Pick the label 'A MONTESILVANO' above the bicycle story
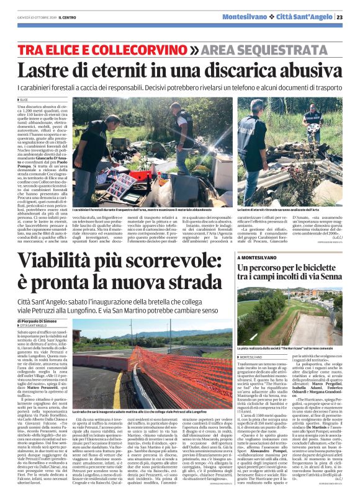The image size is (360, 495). pos(258,256)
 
